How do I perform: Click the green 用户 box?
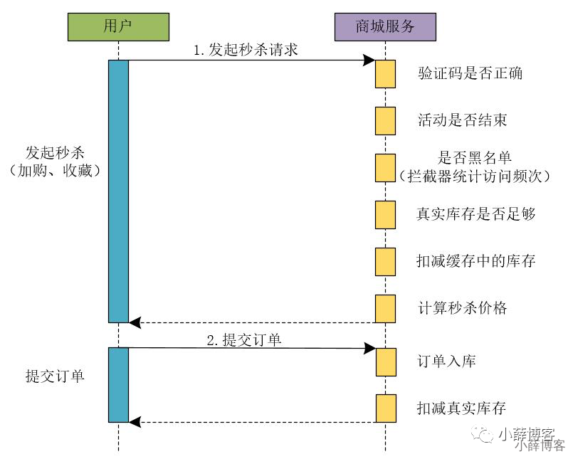tap(118, 27)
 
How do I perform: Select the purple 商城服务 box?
tap(385, 27)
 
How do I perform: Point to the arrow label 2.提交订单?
tap(243, 339)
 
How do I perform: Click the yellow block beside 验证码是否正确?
tap(385, 74)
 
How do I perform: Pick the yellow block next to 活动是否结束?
tap(385, 120)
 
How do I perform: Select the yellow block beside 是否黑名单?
tap(385, 167)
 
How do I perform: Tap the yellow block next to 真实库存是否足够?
tap(385, 214)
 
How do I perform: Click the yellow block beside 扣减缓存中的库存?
tap(385, 261)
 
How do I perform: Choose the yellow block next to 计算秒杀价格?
tap(385, 308)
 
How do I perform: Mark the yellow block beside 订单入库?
tap(385, 362)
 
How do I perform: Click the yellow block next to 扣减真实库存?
tap(385, 408)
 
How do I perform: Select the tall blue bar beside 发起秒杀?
tap(118, 191)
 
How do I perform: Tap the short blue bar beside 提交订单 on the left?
tap(118, 384)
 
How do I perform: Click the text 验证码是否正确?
tap(470, 73)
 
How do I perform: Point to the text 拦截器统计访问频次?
tap(475, 175)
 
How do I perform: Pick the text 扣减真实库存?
tap(461, 408)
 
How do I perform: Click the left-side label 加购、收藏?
tap(53, 171)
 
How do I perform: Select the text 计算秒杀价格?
tap(462, 309)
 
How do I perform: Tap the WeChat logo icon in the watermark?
tap(485, 434)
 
